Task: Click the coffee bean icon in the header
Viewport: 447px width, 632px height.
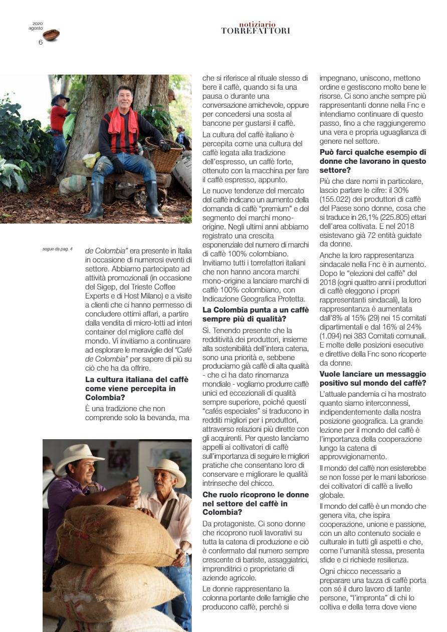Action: [51, 35]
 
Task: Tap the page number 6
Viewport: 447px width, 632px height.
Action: [41, 42]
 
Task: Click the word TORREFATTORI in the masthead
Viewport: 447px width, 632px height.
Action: [255, 31]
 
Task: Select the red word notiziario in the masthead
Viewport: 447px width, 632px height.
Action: [257, 25]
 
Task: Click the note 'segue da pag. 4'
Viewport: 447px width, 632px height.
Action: [58, 249]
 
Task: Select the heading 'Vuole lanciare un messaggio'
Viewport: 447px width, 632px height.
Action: [373, 374]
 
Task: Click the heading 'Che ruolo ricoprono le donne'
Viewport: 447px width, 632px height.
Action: [256, 494]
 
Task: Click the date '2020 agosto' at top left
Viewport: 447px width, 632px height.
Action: [36, 26]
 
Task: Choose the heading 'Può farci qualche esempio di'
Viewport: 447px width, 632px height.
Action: [373, 152]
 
